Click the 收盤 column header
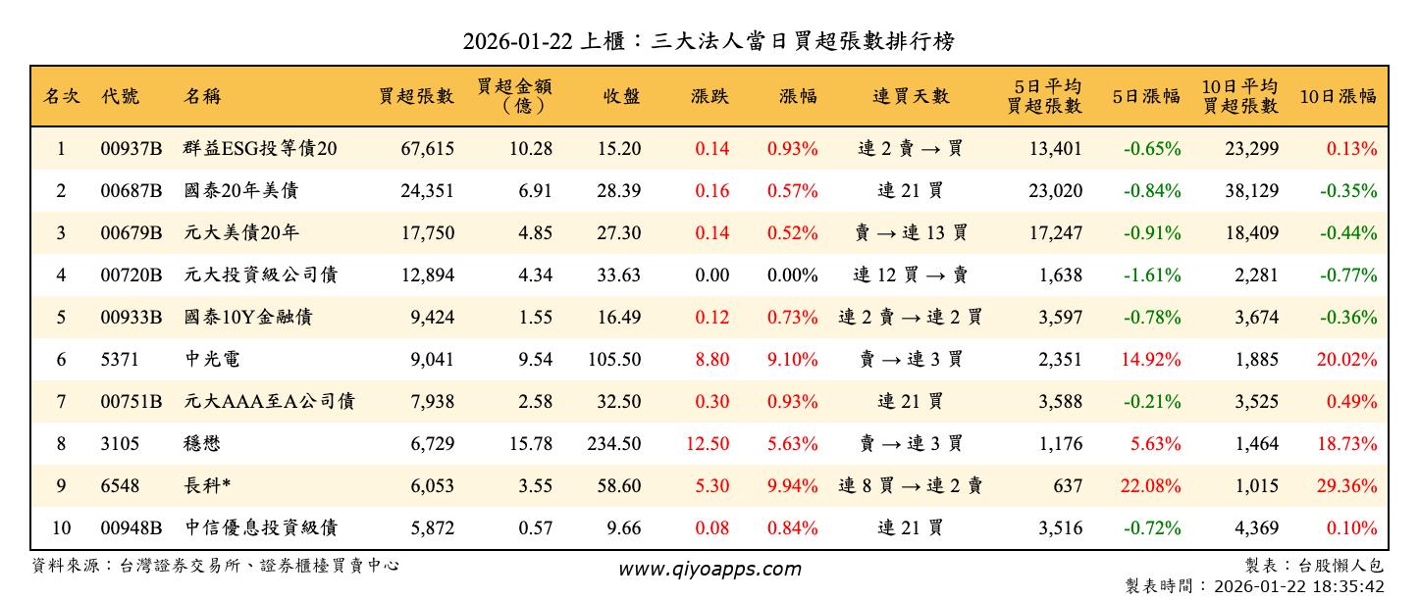621,96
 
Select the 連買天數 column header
911,96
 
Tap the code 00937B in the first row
131,149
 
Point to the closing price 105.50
614,360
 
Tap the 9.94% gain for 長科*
792,486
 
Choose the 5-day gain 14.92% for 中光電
1151,360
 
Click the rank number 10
62,528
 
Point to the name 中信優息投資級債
261,528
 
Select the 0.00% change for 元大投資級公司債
792,275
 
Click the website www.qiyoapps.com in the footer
709,569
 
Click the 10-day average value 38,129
1251,191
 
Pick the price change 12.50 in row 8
708,444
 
